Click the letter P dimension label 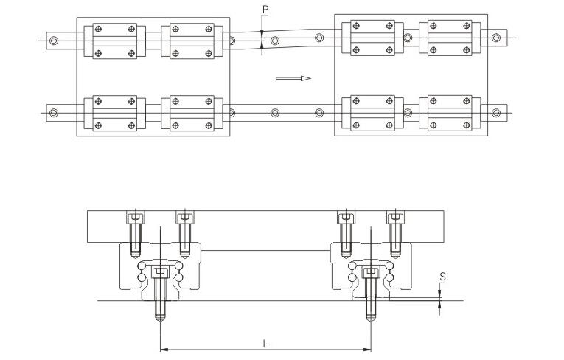(265, 10)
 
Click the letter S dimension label (443, 277)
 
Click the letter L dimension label (265, 344)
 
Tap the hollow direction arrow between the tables (293, 78)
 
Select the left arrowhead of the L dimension (164, 349)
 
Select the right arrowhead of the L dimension (367, 349)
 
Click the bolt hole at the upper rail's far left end (54, 41)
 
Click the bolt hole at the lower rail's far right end (496, 113)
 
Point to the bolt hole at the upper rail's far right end (496, 38)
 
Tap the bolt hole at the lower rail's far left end (54, 113)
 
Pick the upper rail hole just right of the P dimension (275, 41)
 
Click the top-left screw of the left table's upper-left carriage (98, 29)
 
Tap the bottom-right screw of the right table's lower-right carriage (467, 125)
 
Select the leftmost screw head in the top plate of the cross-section (136, 218)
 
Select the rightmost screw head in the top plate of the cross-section (395, 218)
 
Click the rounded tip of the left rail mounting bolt (160, 319)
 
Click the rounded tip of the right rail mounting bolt (371, 319)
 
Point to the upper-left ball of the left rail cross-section (142, 266)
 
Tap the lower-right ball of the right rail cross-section (389, 277)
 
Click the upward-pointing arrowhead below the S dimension (439, 305)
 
